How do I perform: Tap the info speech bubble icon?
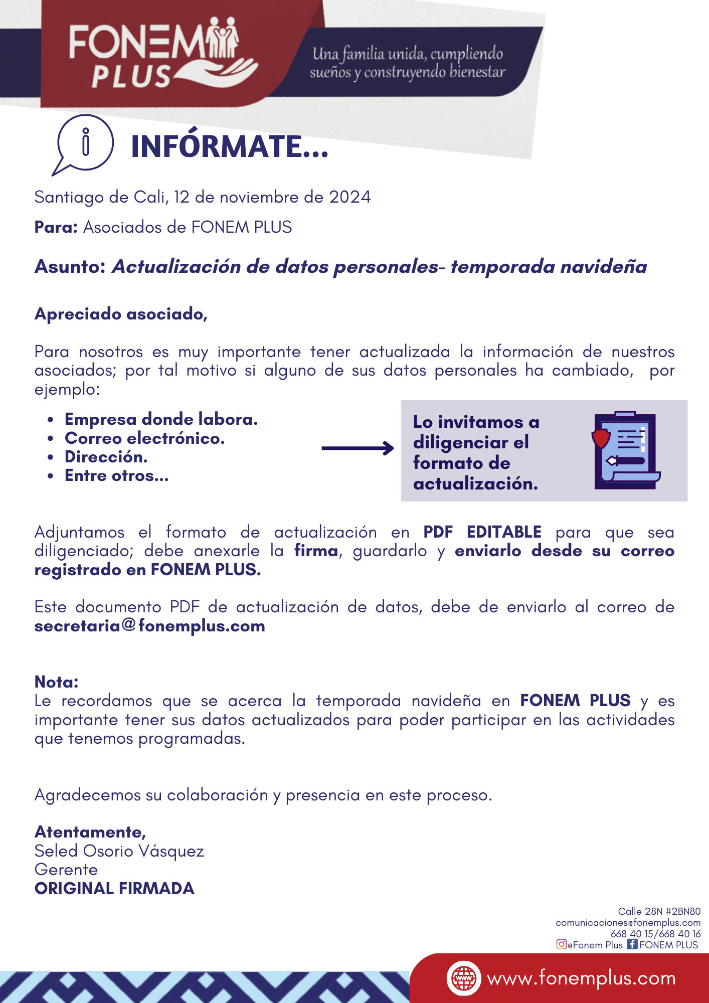[84, 143]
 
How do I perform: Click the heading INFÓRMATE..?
[229, 147]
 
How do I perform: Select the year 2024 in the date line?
[349, 197]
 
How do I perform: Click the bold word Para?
[56, 227]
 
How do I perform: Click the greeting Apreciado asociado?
[121, 314]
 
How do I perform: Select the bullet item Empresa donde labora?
[161, 419]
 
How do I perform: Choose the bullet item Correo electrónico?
[144, 438]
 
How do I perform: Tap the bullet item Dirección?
[106, 457]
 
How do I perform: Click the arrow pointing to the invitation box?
[357, 448]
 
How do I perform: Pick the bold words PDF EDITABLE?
[482, 532]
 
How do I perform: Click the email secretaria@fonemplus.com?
[149, 626]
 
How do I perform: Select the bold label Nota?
[56, 682]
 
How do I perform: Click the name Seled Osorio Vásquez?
[119, 851]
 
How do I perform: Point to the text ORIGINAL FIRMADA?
[114, 889]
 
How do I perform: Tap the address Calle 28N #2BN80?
[659, 911]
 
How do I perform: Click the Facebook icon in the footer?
[633, 944]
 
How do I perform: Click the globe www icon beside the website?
[464, 978]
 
